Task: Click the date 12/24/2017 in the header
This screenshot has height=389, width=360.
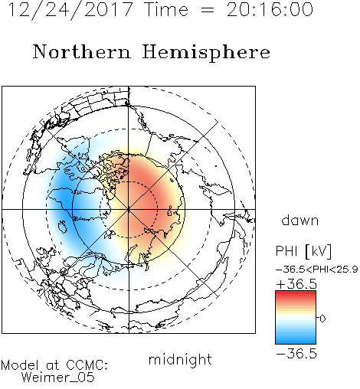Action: tap(70, 10)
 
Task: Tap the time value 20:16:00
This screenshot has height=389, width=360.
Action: tap(270, 10)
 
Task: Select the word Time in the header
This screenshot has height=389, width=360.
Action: tap(166, 10)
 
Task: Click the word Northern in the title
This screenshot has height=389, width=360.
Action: tap(82, 51)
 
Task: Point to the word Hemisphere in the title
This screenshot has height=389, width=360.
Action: tap(206, 53)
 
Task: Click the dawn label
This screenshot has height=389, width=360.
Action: tap(300, 220)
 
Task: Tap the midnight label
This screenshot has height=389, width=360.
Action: tap(180, 359)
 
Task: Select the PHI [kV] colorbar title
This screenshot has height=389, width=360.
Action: tap(303, 251)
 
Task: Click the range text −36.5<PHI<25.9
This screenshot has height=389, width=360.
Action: tap(317, 270)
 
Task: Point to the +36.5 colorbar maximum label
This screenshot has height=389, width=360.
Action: tap(296, 284)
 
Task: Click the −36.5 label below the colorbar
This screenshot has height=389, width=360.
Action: tap(296, 354)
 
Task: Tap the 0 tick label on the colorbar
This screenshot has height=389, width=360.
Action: tap(322, 319)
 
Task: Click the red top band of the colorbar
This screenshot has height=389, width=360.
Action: tap(296, 294)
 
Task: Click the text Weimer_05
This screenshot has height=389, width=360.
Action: tap(58, 378)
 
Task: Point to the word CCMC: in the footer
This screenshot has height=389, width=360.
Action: tap(87, 365)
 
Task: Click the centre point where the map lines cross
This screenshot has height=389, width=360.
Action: tap(129, 209)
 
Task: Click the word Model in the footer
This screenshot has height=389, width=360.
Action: tap(20, 365)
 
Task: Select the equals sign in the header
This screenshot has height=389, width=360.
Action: tap(208, 10)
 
